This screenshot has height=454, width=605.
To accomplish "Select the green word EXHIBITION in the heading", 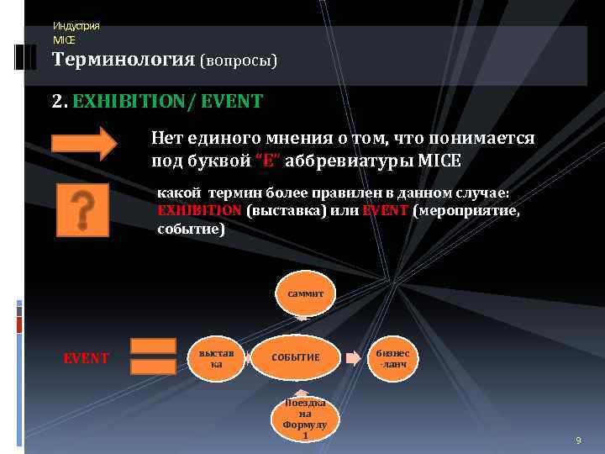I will click(x=127, y=102).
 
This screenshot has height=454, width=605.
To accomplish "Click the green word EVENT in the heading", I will click(x=232, y=102).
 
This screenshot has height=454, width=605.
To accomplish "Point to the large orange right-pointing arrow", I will click(x=84, y=143).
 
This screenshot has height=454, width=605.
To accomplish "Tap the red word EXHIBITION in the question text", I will click(x=199, y=211).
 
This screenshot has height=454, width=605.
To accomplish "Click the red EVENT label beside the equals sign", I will click(x=86, y=358).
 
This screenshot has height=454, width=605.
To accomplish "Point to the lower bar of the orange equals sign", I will click(x=154, y=368).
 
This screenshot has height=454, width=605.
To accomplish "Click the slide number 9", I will click(x=577, y=441).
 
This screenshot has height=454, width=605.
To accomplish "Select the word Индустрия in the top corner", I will click(x=76, y=26).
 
